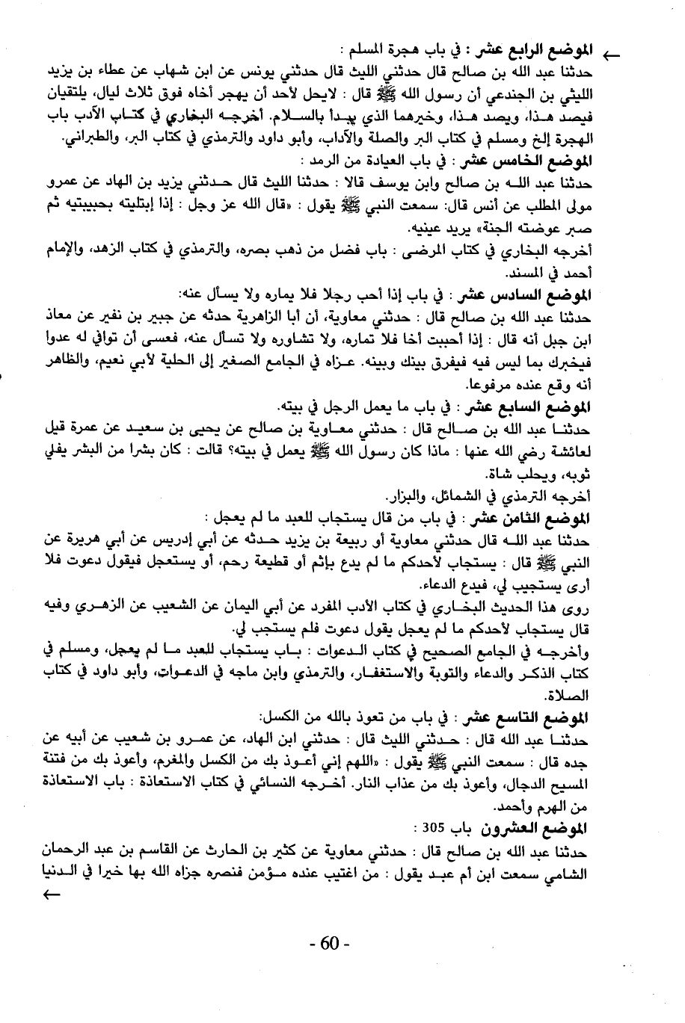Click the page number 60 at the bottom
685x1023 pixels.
(330, 944)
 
